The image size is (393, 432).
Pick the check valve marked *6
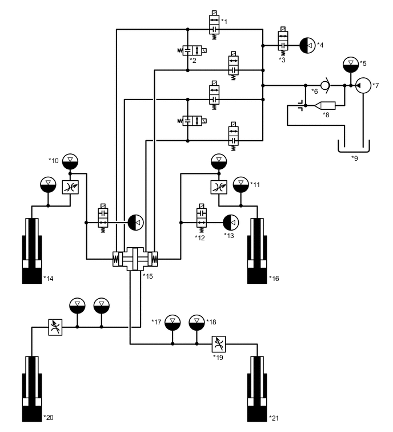[324, 86]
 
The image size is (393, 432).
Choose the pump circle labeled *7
[363, 86]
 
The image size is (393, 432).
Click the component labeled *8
[326, 105]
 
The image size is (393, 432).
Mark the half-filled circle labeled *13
[230, 221]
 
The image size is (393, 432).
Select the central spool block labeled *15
[135, 260]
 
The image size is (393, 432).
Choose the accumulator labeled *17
[173, 323]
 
